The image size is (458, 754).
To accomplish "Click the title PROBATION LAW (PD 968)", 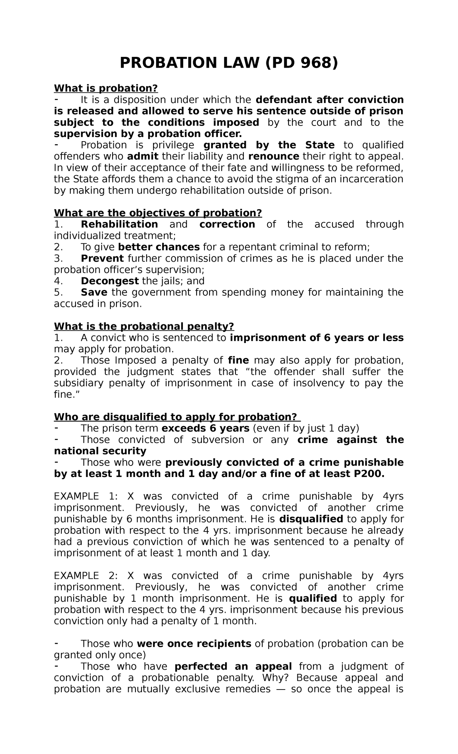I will pyautogui.click(x=229, y=63).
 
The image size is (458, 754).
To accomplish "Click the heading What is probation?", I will pyautogui.click(x=106, y=89).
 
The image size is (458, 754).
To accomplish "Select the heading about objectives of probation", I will pyautogui.click(x=158, y=213).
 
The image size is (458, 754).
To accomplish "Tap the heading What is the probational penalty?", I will pyautogui.click(x=144, y=326).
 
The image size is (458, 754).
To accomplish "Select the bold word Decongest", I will pyautogui.click(x=110, y=281).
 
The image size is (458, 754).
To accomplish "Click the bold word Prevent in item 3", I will pyautogui.click(x=102, y=258).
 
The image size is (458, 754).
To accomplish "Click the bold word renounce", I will pyautogui.click(x=274, y=156).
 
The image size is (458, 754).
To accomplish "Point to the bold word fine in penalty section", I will pyautogui.click(x=238, y=361).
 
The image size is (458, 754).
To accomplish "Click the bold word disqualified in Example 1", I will pyautogui.click(x=311, y=519).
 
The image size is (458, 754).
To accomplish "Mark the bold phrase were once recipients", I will pyautogui.click(x=194, y=644).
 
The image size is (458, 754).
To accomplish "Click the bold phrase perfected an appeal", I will pyautogui.click(x=233, y=667).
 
